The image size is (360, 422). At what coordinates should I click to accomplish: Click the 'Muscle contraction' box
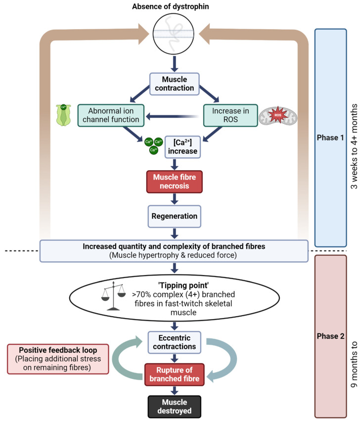175,84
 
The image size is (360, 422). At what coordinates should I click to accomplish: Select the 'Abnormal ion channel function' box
111,115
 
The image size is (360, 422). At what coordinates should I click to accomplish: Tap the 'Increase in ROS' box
230,115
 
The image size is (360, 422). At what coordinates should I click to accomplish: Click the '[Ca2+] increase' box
182,146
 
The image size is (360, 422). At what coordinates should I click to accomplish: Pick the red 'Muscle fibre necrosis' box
175,182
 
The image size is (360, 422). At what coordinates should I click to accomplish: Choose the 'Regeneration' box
175,216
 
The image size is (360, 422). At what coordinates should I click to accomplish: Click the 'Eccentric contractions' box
175,342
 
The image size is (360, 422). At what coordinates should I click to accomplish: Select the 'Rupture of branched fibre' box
175,375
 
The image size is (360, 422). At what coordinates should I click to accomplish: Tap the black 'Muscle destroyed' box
175,406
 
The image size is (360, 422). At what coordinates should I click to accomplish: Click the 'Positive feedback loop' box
58,359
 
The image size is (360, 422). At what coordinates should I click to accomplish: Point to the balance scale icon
113,296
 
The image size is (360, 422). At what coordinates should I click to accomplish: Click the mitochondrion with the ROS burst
278,116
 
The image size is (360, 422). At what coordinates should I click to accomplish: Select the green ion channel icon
63,115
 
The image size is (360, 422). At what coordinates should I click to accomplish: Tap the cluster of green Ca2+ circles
153,145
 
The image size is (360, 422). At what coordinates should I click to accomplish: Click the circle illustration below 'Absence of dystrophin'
174,34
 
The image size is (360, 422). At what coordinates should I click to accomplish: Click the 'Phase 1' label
330,138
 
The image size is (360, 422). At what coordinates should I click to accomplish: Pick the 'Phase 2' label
330,336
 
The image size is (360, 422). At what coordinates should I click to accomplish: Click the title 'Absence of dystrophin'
170,6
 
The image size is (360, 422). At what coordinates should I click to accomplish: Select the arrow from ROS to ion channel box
172,117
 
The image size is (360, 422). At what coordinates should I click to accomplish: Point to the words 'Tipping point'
183,285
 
